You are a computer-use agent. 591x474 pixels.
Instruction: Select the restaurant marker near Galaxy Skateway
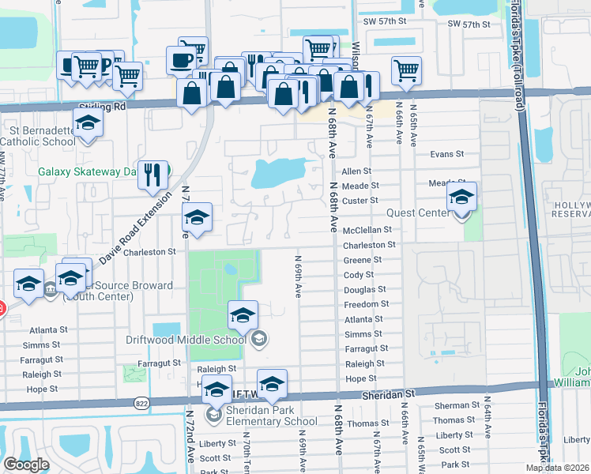(x=153, y=174)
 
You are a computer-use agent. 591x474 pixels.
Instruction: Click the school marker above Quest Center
(x=462, y=197)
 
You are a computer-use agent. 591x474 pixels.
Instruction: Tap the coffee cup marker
(x=180, y=60)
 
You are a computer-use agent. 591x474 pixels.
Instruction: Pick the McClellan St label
(x=367, y=230)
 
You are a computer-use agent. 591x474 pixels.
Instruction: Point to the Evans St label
(x=446, y=155)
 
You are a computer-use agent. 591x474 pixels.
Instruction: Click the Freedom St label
(x=367, y=304)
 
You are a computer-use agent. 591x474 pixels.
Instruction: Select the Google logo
(x=26, y=465)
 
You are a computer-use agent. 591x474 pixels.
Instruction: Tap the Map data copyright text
(x=556, y=468)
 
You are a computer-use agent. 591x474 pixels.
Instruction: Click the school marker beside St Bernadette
(x=88, y=124)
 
